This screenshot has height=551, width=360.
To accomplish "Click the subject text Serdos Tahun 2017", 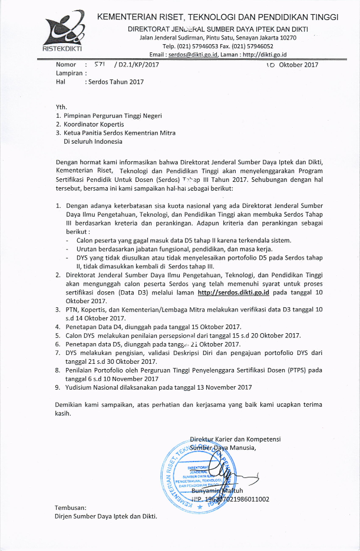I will click(115, 82).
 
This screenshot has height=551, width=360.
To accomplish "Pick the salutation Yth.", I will click(61, 107).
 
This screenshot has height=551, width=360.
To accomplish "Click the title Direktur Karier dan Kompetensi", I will click(235, 439).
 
